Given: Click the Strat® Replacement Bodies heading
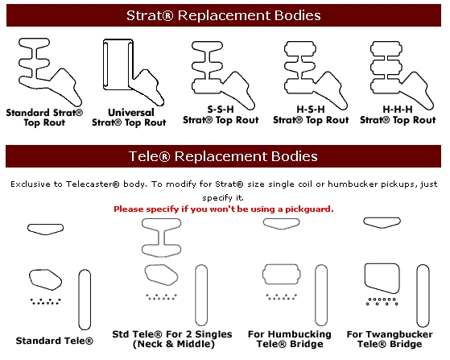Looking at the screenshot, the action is (x=224, y=15).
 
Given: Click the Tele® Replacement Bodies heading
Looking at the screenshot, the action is (x=223, y=156).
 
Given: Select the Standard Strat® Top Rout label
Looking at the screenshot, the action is (x=44, y=118).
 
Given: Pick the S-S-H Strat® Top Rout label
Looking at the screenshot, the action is (x=221, y=115).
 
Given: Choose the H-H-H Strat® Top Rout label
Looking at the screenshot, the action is (x=398, y=115).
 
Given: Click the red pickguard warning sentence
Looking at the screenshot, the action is (x=224, y=209).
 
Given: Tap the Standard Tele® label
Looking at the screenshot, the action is (x=55, y=341).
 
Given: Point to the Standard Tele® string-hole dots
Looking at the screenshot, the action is (x=46, y=301).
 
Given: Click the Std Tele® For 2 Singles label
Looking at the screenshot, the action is (x=172, y=339).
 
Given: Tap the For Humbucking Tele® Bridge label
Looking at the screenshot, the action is (x=290, y=339).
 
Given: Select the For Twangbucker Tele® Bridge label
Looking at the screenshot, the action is (x=390, y=339).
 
